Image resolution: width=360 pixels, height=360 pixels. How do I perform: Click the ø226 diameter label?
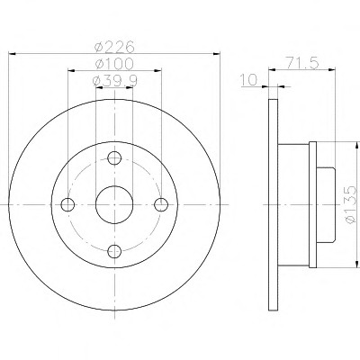point(113,47)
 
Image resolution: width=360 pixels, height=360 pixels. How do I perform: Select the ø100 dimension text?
point(113,64)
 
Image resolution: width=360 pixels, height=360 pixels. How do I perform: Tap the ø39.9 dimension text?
point(115,80)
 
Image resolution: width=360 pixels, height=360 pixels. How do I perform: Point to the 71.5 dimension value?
point(302,63)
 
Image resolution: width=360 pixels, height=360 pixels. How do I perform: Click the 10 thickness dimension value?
point(248,80)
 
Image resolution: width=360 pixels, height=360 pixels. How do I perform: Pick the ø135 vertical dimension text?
point(350,204)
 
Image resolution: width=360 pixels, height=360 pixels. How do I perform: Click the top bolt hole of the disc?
point(114,157)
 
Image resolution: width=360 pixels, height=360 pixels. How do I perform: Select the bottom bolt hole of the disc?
point(114,251)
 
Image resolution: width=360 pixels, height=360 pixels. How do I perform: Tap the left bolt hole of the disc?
point(67,204)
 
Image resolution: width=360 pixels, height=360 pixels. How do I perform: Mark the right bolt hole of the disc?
point(161,204)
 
